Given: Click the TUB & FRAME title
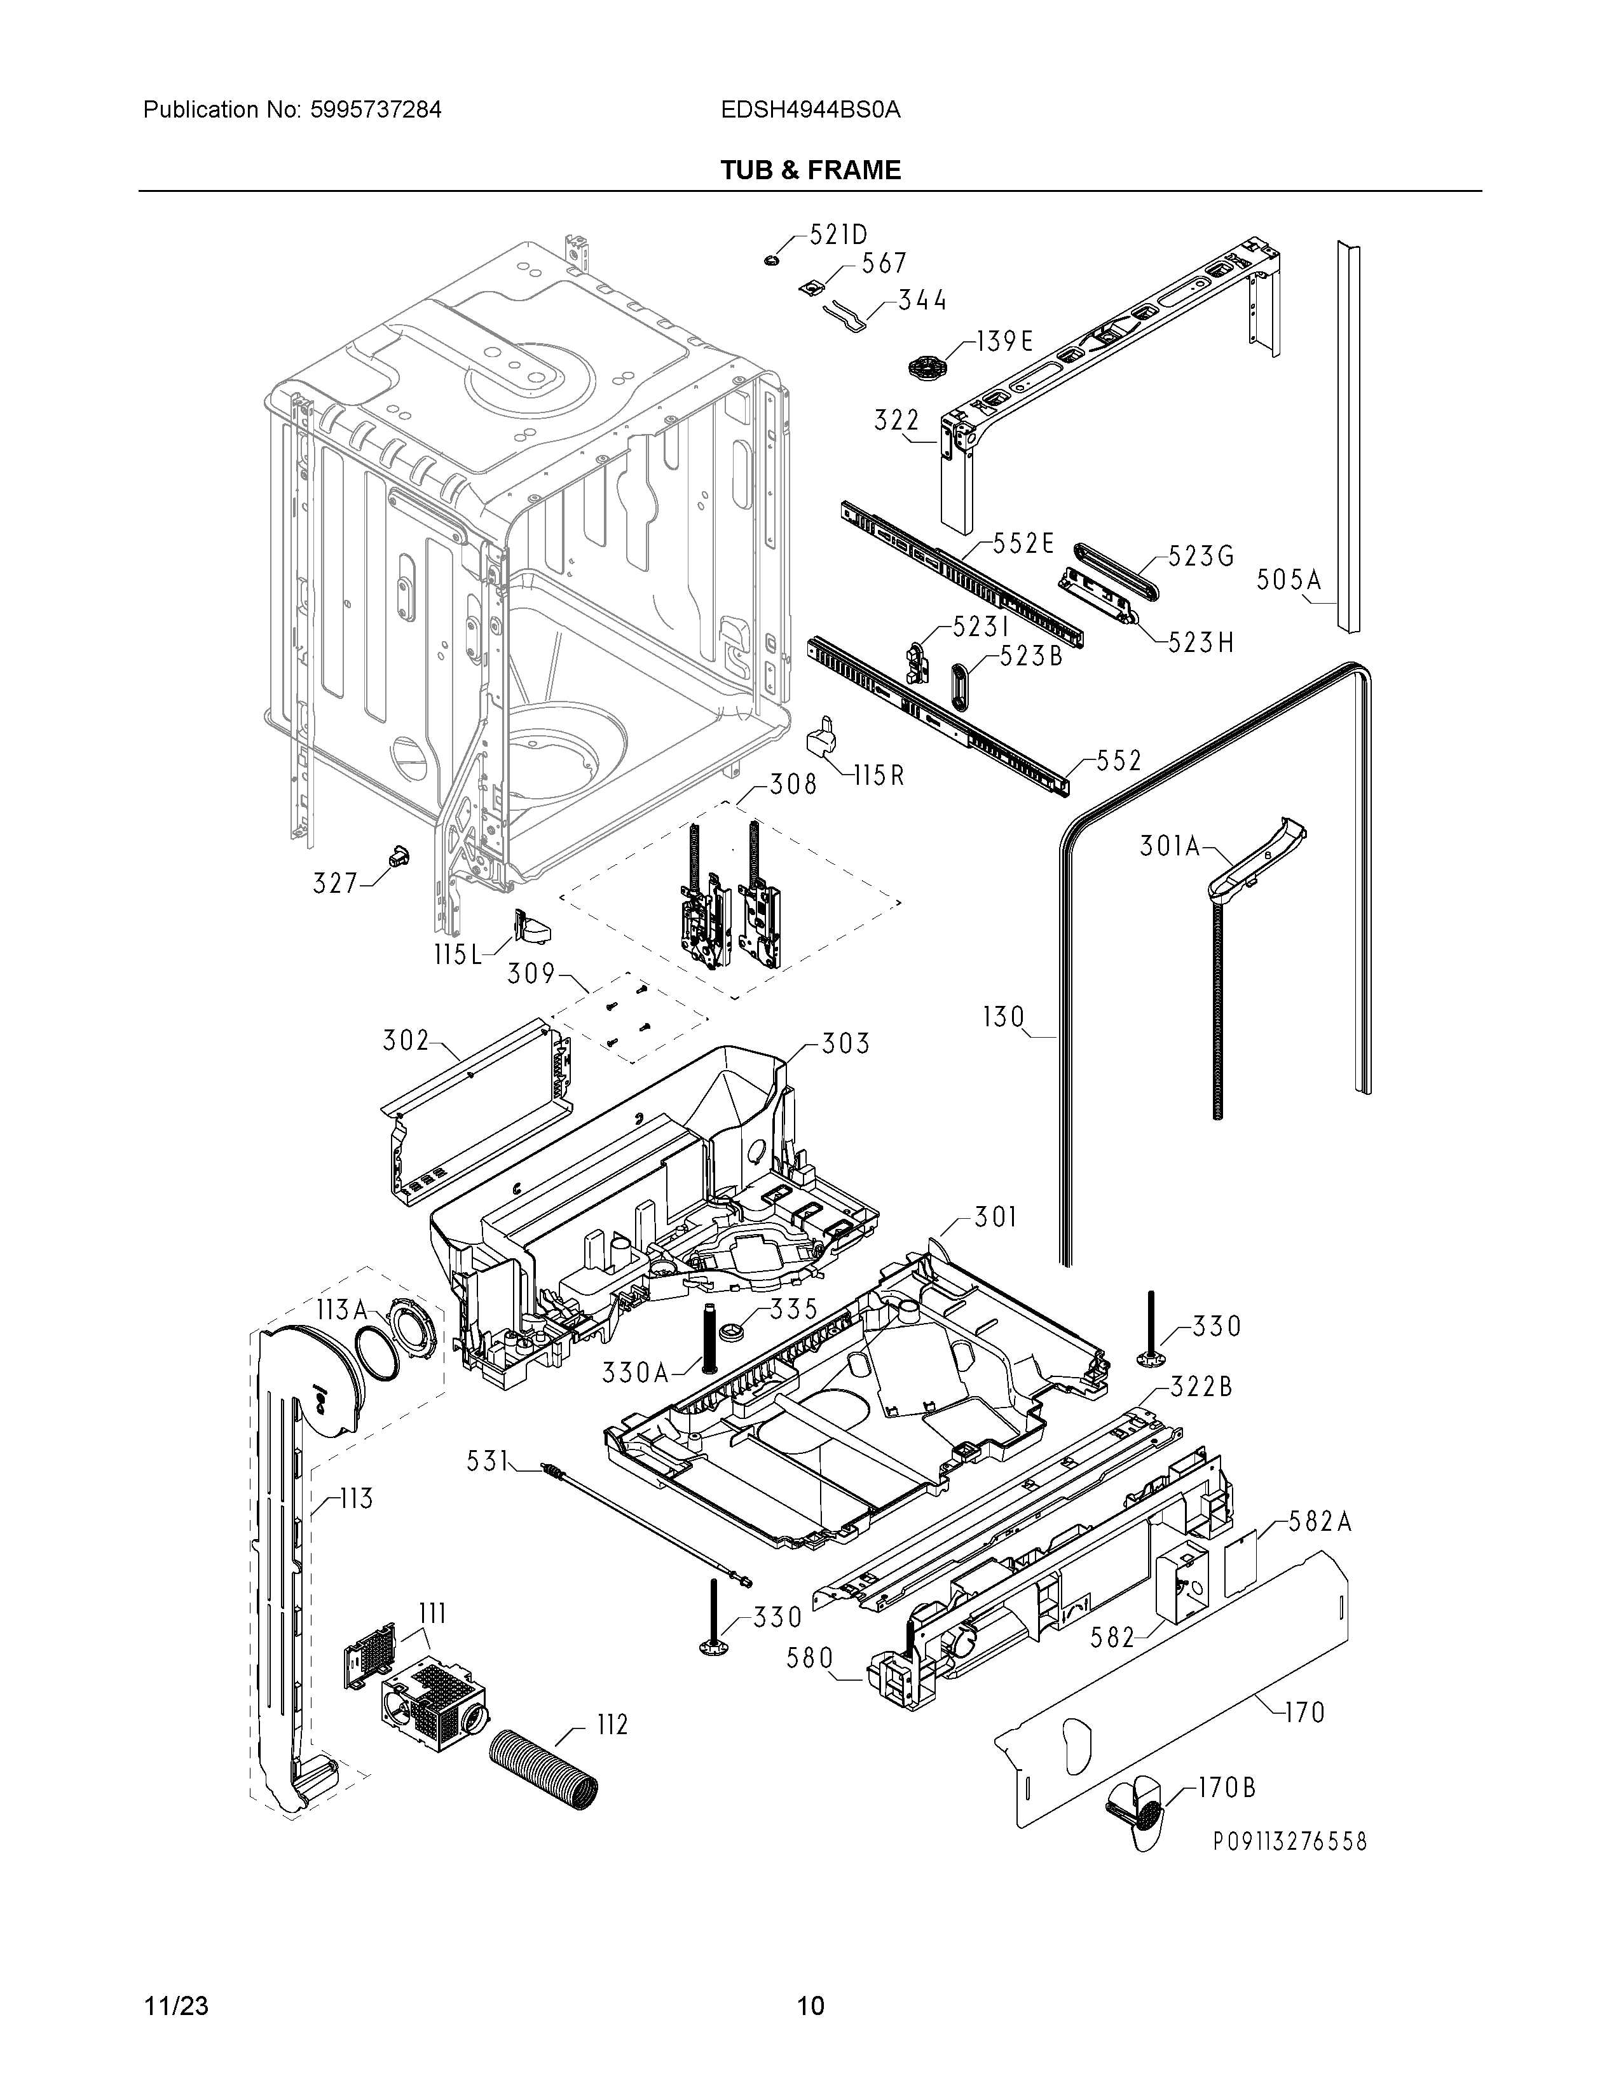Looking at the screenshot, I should click(x=811, y=170).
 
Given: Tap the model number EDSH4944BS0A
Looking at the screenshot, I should click(x=811, y=109).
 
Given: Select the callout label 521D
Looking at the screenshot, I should click(x=838, y=235).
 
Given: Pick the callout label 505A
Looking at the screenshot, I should click(x=1290, y=580).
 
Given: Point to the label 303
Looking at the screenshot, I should click(x=845, y=1043).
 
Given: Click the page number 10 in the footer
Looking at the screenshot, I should click(x=811, y=2005).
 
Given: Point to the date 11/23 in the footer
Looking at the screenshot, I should click(x=175, y=2005).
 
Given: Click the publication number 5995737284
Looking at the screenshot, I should click(x=376, y=109).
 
